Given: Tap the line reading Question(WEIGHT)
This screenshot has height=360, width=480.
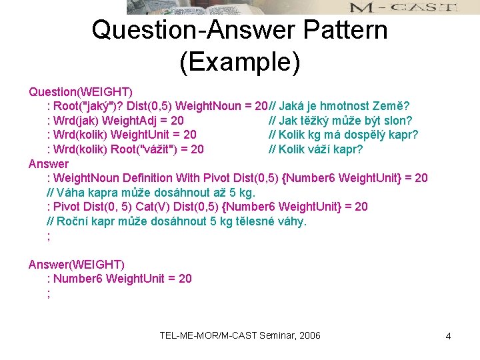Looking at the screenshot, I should [x=80, y=91].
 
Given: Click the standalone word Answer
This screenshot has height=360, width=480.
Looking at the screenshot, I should [x=49, y=163].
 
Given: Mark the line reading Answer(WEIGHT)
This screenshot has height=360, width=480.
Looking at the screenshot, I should [x=77, y=265].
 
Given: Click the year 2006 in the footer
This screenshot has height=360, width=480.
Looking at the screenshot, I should [x=308, y=335].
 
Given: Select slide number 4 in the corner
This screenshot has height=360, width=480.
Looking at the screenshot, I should [x=448, y=336].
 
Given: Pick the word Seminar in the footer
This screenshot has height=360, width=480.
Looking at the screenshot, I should [x=270, y=335].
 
